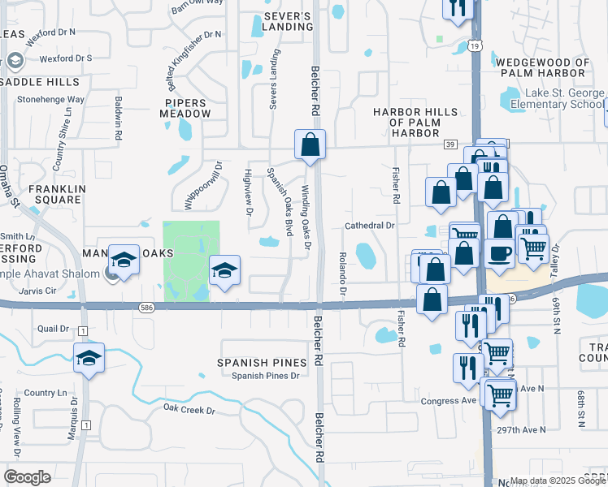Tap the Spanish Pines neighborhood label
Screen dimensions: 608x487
261,362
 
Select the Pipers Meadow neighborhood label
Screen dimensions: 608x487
188,108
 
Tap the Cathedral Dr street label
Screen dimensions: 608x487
369,225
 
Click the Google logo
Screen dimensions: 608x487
27,476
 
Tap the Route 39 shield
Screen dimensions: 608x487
450,144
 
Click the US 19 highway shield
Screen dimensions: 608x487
473,47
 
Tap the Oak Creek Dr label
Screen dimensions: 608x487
189,410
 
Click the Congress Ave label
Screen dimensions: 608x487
448,401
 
